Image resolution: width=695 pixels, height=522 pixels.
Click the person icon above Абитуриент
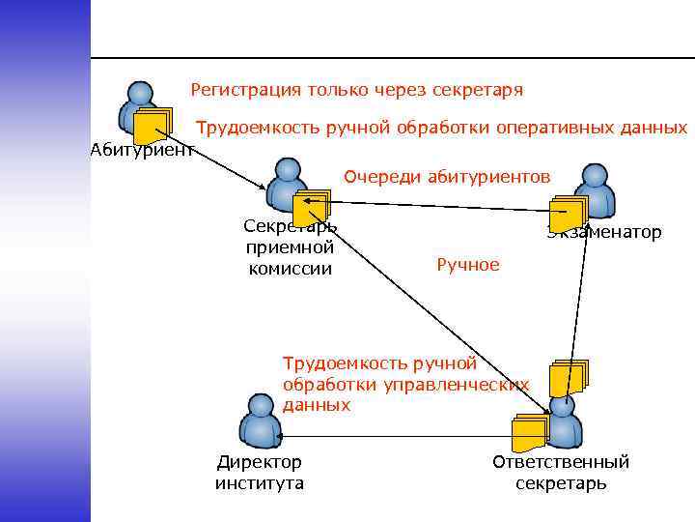pos(140,104)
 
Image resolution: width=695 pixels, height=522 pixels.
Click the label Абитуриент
pos(142,149)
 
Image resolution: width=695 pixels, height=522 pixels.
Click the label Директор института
pos(259,473)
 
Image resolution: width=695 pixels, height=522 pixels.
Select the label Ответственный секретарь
pos(561,473)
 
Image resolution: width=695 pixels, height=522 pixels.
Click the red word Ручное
pos(468,265)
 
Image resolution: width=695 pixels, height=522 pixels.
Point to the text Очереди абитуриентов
pos(447,177)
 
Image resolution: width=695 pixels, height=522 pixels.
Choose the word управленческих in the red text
pos(458,385)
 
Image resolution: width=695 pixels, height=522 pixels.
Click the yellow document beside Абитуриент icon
pos(153,126)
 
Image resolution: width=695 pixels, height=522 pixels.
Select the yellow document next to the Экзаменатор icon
pos(567,215)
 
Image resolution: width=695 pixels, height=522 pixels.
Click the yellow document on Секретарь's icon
pos(311,207)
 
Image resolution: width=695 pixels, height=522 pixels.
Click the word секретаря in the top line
pos(480,90)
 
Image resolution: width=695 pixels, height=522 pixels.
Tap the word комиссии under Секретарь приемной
pos(290,268)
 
